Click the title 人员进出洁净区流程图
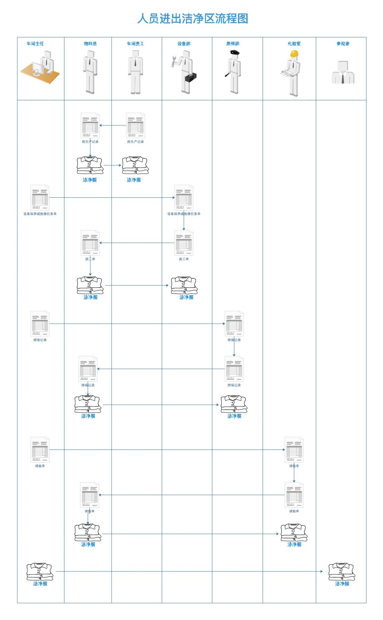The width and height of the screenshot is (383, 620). pyautogui.click(x=192, y=19)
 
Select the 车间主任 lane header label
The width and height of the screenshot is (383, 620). pyautogui.click(x=35, y=44)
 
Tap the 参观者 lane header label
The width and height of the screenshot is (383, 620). pyautogui.click(x=343, y=44)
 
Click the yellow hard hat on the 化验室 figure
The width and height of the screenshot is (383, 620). pyautogui.click(x=294, y=54)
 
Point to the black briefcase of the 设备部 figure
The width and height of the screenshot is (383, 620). pyautogui.click(x=190, y=78)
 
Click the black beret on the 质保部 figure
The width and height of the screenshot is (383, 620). pyautogui.click(x=234, y=53)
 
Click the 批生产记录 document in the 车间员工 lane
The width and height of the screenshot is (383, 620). pyautogui.click(x=135, y=125)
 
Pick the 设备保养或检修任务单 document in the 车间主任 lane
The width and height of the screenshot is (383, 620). pyautogui.click(x=40, y=198)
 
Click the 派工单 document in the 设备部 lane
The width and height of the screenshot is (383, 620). pyautogui.click(x=184, y=243)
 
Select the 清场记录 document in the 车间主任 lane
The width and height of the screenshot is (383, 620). pyautogui.click(x=40, y=324)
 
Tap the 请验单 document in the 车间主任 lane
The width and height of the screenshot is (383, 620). pyautogui.click(x=40, y=449)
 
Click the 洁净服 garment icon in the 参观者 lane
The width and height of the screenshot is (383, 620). pyautogui.click(x=342, y=572)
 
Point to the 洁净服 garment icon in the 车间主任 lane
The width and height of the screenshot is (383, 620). pyautogui.click(x=40, y=572)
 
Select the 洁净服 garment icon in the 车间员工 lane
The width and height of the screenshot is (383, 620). pyautogui.click(x=135, y=165)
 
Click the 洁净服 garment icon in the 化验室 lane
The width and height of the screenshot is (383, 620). pyautogui.click(x=294, y=532)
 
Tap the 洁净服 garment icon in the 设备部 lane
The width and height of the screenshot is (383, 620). pyautogui.click(x=184, y=285)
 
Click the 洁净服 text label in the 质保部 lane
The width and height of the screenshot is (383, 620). pyautogui.click(x=234, y=416)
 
